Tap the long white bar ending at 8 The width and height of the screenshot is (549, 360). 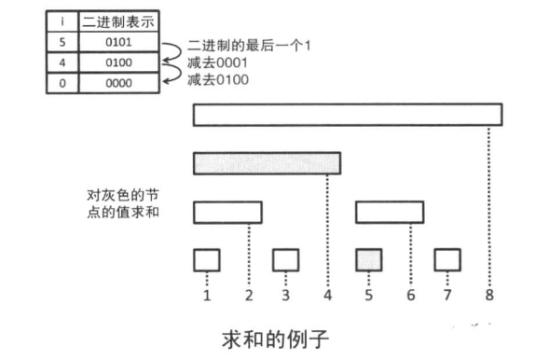pos(348,115)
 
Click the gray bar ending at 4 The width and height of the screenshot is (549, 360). pos(267,163)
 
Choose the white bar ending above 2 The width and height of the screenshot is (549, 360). pos(227,212)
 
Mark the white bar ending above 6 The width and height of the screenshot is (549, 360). pos(390,212)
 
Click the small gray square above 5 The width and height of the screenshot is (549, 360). pos(368,258)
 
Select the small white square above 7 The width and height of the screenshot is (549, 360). pos(447,258)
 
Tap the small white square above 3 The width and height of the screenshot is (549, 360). pos(285,258)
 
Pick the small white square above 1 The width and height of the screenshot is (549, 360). pos(206,258)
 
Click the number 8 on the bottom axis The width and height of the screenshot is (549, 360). pos(488,297)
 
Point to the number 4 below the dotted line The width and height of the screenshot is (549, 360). pos(327,297)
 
